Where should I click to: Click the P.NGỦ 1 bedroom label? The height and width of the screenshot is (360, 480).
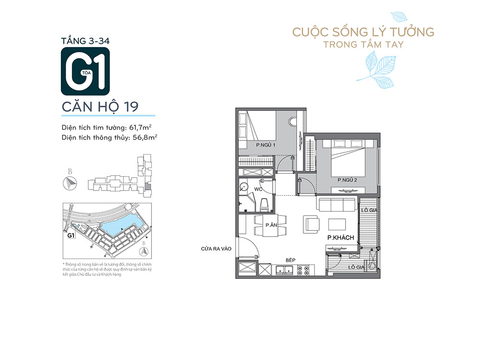click(265, 145)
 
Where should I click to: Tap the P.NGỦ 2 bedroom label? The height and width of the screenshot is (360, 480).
click(347, 180)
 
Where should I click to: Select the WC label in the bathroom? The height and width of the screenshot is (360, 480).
click(258, 189)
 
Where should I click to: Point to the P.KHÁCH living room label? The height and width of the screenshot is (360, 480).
click(340, 238)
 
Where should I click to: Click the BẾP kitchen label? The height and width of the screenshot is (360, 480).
click(290, 260)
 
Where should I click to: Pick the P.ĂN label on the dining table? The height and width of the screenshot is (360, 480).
click(271, 225)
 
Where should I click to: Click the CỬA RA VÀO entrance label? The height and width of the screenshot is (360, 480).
click(216, 249)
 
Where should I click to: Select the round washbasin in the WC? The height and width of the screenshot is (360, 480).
click(244, 187)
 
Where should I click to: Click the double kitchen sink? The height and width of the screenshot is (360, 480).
click(284, 270)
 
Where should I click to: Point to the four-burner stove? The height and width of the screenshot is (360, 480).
click(303, 270)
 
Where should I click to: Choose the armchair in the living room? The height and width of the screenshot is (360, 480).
click(312, 224)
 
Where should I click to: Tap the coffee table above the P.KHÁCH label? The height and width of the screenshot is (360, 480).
click(337, 224)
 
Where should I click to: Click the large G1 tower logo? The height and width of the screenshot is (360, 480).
click(85, 72)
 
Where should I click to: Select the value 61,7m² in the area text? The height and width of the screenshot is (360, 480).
click(140, 127)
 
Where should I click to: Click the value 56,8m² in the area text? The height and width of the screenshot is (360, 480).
click(145, 137)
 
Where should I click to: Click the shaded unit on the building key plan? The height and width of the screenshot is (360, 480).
click(147, 186)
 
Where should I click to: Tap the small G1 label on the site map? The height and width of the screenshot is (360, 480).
click(71, 236)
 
